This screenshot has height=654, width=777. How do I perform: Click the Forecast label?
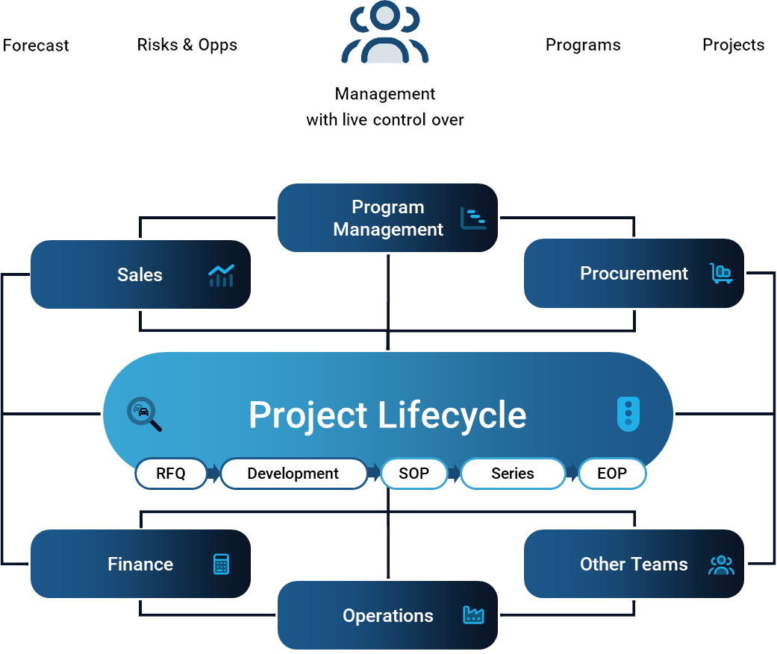click(x=36, y=45)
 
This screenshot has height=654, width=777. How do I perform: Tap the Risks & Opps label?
click(x=187, y=45)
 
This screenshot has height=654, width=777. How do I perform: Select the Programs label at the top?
click(x=583, y=45)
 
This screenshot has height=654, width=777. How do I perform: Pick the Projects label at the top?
click(x=733, y=45)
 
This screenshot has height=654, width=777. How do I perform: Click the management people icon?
click(x=385, y=34)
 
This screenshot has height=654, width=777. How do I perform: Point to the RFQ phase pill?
click(x=171, y=474)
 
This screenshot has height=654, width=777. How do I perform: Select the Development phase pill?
click(x=293, y=474)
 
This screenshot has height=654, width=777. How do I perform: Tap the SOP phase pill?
click(x=414, y=474)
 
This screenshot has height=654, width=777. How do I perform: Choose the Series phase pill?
click(x=513, y=474)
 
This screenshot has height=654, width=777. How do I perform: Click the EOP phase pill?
click(x=612, y=474)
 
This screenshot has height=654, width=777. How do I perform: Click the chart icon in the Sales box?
click(x=221, y=275)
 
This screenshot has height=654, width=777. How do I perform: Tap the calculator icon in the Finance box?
click(x=221, y=565)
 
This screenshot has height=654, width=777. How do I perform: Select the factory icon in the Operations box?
click(x=473, y=615)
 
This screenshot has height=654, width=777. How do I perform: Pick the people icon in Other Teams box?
click(x=721, y=565)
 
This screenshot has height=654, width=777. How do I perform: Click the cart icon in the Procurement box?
click(x=721, y=274)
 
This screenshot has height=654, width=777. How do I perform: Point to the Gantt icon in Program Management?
click(x=473, y=218)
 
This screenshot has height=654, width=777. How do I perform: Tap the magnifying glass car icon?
click(x=144, y=415)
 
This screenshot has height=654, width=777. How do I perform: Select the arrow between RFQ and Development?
click(x=213, y=474)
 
